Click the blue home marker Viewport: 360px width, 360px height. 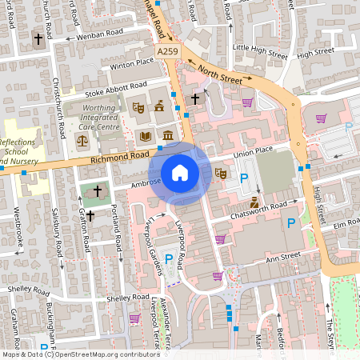point(180,173)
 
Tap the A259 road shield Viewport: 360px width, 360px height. point(167,51)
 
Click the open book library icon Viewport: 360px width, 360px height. point(145,137)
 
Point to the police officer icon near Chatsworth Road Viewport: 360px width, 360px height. point(254,201)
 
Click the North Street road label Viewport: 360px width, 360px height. point(219,74)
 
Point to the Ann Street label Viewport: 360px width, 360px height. point(282,257)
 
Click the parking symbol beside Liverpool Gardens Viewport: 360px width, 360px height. point(169,258)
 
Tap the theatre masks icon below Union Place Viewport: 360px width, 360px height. point(222,173)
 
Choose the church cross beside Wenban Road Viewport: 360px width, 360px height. point(37,38)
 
